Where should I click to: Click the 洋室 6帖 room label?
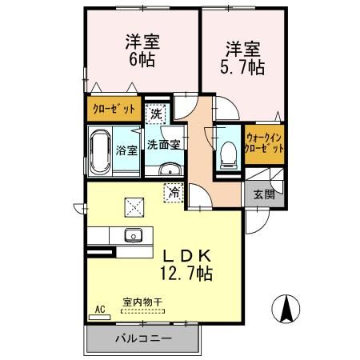pos(139,51)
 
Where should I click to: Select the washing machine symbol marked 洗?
pos(157,114)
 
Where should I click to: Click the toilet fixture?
pos(226,151)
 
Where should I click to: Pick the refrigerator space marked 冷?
pos(174,192)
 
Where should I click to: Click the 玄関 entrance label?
pos(264,194)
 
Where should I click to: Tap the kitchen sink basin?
pos(133,235)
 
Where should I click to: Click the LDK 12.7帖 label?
pos(187,264)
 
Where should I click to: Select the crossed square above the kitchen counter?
pos(132,206)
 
